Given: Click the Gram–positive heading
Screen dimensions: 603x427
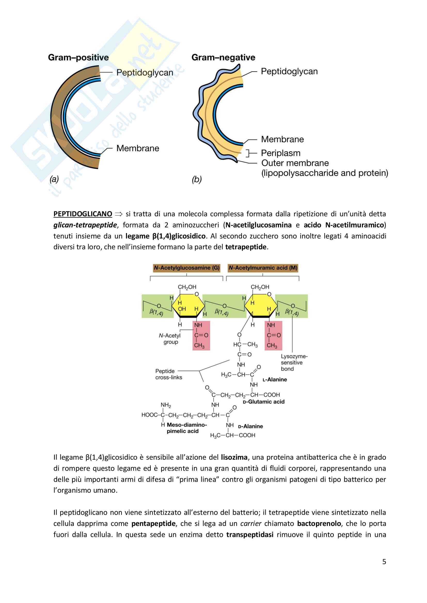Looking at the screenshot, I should tap(78, 57).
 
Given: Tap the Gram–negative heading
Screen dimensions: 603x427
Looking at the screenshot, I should tap(223, 57).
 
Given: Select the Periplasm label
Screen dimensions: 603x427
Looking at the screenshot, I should tap(281, 153).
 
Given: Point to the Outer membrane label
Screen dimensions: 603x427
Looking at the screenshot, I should tap(295, 163).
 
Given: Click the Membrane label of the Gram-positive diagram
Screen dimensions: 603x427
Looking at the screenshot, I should tap(138, 148).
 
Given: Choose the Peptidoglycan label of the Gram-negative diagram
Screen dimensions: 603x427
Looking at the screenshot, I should tap(289, 71).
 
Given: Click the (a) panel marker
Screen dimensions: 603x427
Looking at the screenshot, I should tap(54, 179).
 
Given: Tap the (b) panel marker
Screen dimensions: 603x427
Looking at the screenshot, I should tap(197, 179).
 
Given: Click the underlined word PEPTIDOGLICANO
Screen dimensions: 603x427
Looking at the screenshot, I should tap(83, 214).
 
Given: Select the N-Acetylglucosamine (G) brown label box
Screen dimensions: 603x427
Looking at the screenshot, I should tap(186, 268).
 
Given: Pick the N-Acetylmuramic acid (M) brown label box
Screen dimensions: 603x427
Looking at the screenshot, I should tap(263, 268).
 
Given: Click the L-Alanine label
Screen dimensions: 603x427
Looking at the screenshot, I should tap(275, 379).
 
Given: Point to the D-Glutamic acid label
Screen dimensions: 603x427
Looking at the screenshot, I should tap(264, 402).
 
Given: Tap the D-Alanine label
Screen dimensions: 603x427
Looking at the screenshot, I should tap(250, 426).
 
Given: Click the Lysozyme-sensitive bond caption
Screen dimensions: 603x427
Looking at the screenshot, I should tap(294, 362).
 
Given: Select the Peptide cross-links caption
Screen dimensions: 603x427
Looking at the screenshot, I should tap(169, 374).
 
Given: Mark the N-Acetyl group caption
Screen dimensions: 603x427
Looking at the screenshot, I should tap(170, 339).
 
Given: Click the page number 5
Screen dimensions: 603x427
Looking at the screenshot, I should tap(384, 561).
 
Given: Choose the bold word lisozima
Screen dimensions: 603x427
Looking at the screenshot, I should tap(234, 457).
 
